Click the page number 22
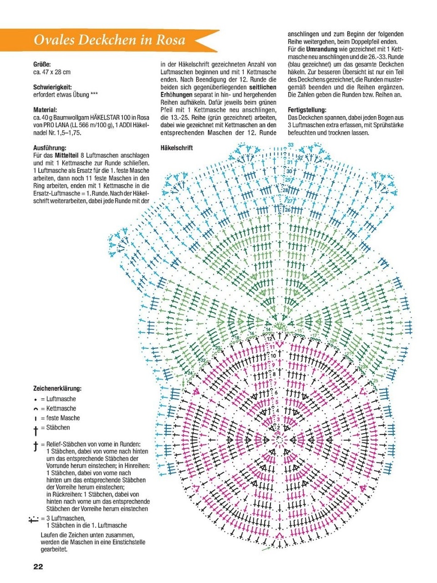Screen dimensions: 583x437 coord(38,566)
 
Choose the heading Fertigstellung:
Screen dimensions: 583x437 coord(307,110)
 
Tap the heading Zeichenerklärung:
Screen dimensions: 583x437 coord(57,389)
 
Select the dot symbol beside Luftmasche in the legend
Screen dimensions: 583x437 coord(37,399)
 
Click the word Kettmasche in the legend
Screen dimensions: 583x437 coord(61,409)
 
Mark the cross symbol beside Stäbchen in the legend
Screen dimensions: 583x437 coord(36,429)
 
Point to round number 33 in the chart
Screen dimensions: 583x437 coord(291,145)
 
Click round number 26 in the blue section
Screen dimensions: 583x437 coord(287,209)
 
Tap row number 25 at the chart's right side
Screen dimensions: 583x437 coord(375,380)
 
